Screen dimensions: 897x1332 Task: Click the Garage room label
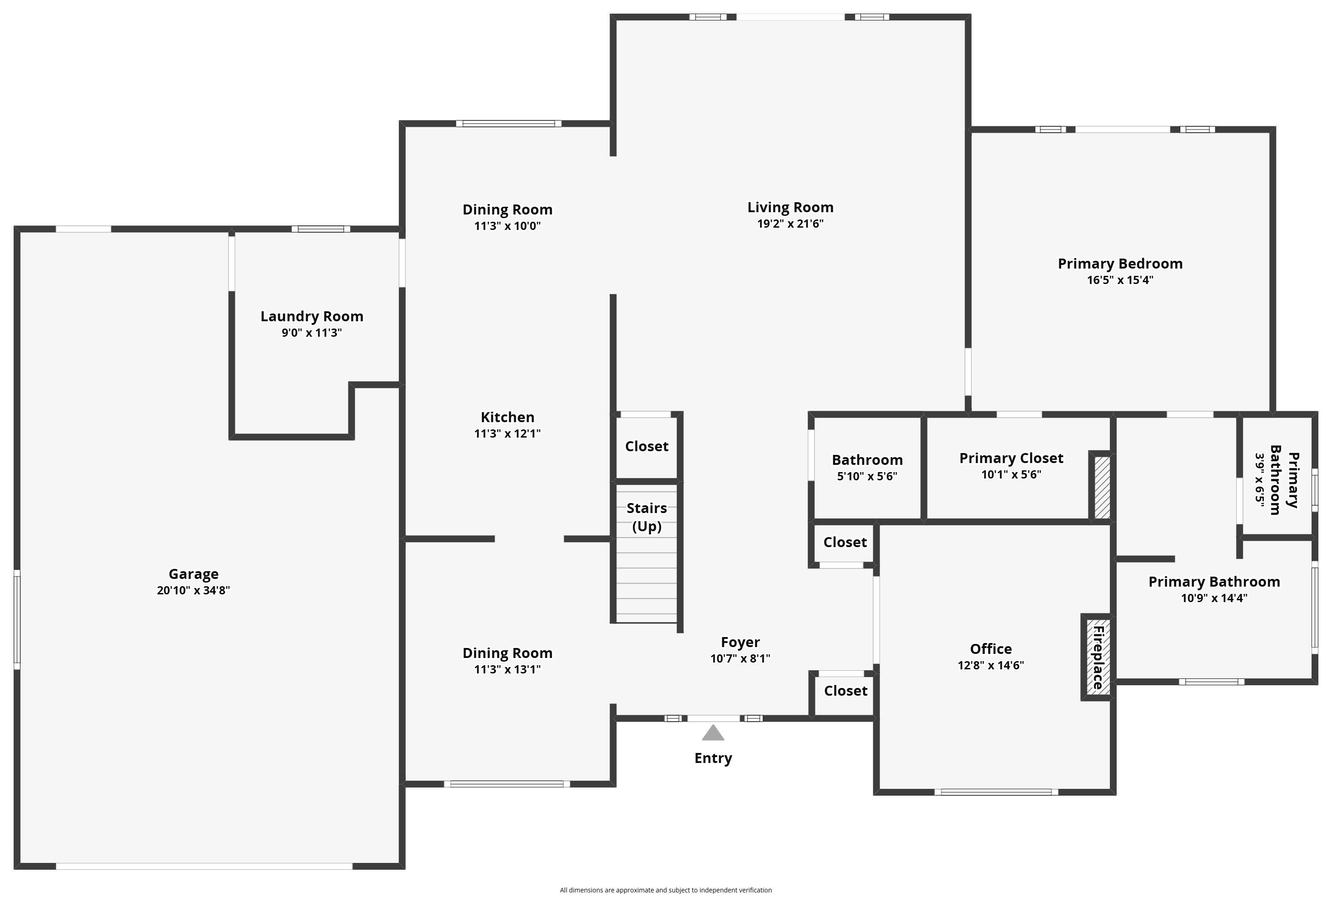tap(194, 574)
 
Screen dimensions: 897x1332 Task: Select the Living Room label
tap(790, 207)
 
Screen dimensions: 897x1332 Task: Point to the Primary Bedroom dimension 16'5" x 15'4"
tap(1120, 280)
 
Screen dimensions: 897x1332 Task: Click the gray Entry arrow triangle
tap(713, 733)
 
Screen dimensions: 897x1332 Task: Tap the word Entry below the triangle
tap(713, 758)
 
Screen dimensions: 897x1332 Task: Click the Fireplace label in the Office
tap(1098, 658)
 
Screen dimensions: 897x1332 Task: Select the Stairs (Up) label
tap(647, 517)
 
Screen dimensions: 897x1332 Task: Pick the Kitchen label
tap(507, 417)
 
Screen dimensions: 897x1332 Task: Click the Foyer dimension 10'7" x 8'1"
tap(740, 658)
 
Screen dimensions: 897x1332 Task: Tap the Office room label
tap(990, 649)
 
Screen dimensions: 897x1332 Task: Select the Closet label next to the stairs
tap(646, 446)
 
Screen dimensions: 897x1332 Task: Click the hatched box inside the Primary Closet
tap(1102, 487)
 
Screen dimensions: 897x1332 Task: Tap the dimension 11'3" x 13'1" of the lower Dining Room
tap(507, 669)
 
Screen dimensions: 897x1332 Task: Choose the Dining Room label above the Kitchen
tap(507, 209)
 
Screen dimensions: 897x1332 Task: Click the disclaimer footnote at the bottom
tap(666, 890)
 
